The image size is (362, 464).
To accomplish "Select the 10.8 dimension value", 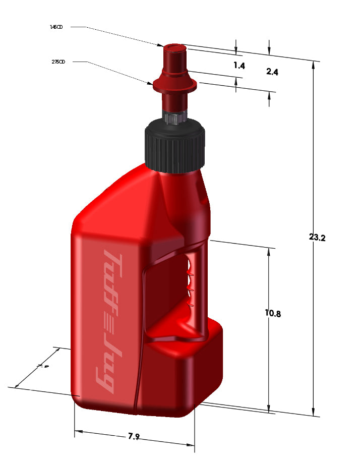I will pyautogui.click(x=272, y=313).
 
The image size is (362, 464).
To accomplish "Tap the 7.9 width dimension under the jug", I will pyautogui.click(x=134, y=436).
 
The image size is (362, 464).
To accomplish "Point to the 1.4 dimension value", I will pyautogui.click(x=239, y=66).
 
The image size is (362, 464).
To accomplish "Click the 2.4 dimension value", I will pyautogui.click(x=272, y=72).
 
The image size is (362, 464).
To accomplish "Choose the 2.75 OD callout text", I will pyautogui.click(x=58, y=62).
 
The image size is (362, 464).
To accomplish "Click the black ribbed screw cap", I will pyautogui.click(x=175, y=146).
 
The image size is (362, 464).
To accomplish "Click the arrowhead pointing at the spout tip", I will pyautogui.click(x=161, y=45).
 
